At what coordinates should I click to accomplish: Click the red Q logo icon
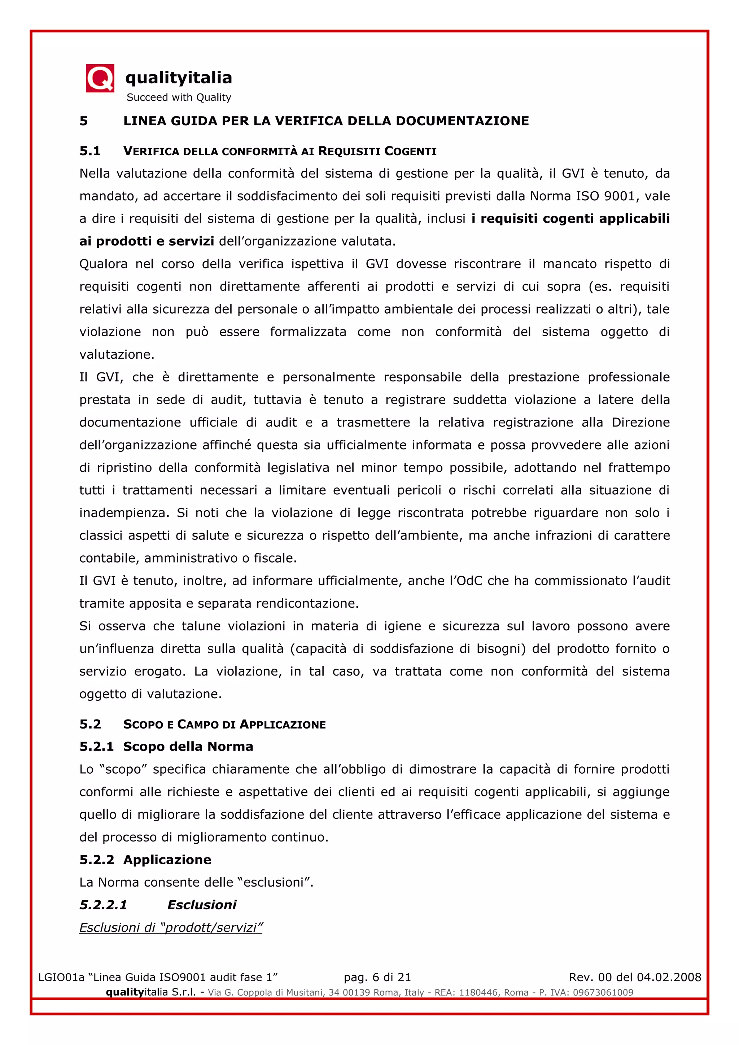coord(100,78)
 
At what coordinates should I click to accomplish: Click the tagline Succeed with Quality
coord(179,97)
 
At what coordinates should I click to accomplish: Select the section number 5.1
coord(90,151)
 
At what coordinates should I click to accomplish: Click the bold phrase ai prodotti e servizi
coord(147,241)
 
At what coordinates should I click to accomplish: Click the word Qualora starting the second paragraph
coord(103,264)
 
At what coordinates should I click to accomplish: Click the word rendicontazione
coord(307,604)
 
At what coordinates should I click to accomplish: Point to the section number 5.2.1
coord(96,747)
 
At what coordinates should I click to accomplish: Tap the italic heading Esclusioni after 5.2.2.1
coord(202,905)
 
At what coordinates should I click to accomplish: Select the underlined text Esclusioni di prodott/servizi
coord(171,928)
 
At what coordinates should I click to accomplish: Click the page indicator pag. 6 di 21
coord(377,977)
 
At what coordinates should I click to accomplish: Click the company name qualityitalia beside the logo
coord(178,78)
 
